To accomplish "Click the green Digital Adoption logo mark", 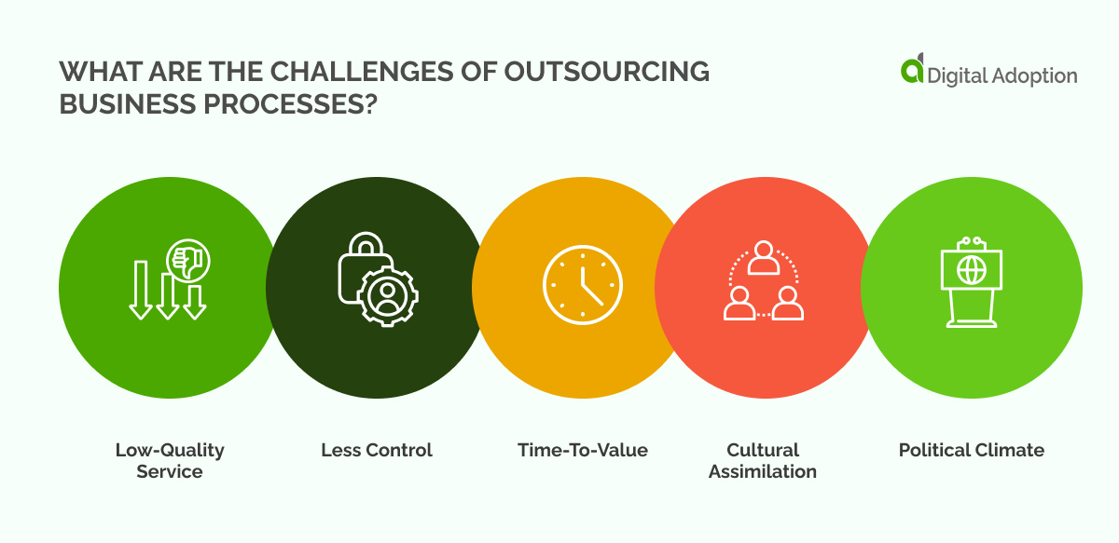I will click(912, 71).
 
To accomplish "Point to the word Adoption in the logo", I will click(1033, 75).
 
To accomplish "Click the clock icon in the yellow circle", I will click(582, 285).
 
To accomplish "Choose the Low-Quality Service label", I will click(170, 460).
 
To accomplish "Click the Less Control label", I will click(377, 450).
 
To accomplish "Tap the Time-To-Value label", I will click(583, 450).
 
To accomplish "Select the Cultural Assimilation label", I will click(763, 460).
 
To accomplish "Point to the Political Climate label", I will click(972, 450).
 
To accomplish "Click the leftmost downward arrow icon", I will click(141, 290).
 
